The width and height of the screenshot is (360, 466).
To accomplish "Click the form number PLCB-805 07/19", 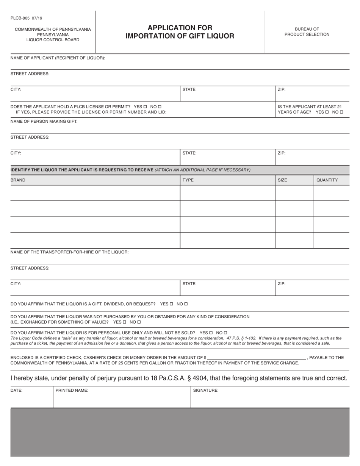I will coord(26,18).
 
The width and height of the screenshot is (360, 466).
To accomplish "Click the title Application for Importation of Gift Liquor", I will coord(180,32).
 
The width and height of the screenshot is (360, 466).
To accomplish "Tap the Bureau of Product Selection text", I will coord(307,31).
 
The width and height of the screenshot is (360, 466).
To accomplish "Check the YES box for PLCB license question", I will coord(145,107).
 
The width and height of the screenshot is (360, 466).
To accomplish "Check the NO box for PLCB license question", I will coord(160,107).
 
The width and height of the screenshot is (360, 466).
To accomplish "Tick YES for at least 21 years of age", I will coord(327,112).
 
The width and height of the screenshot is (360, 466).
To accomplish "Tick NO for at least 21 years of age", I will coord(341,112).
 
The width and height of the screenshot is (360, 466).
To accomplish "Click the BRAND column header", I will coord(18,180).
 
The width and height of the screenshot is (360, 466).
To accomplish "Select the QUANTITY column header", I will coord(327,180).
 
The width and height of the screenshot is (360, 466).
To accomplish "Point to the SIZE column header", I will coord(282,180).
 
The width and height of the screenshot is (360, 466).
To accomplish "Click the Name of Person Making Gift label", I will coord(44,121).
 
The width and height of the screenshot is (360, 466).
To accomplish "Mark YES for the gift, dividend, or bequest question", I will coord(171,304).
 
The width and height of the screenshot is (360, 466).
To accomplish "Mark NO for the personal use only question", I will coord(225,333).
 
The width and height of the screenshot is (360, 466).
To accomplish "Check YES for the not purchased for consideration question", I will coord(124,322).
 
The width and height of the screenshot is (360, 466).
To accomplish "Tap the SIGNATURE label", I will coord(205,390).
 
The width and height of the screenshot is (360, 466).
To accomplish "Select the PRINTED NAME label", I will coord(72,390).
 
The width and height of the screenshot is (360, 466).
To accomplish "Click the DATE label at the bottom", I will coord(16,390).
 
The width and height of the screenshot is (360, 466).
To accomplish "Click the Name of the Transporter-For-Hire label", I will coord(69,252).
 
